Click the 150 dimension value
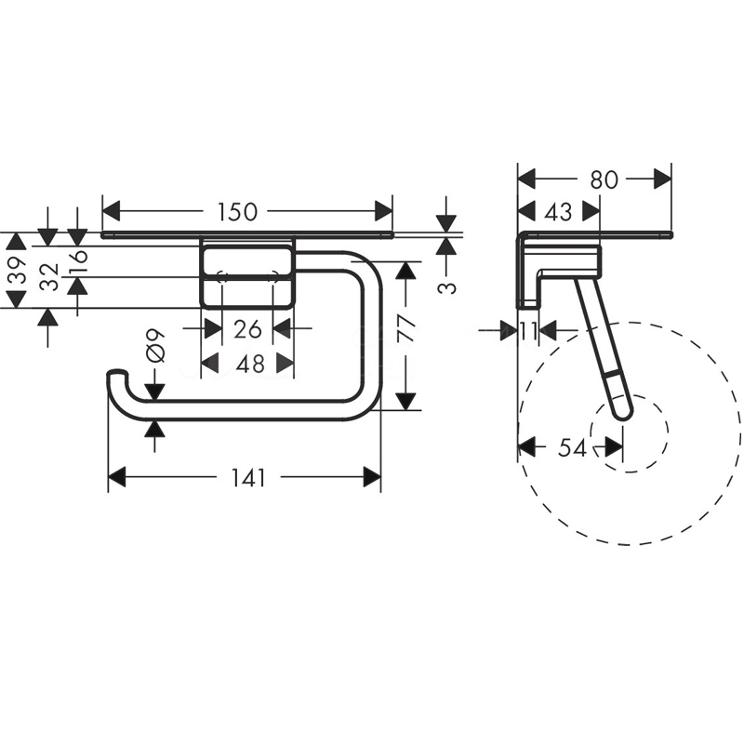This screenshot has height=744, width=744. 237,212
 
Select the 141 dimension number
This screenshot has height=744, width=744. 248,477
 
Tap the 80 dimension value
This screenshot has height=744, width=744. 604,179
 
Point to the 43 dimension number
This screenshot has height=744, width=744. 559,212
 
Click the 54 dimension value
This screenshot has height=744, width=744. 572,447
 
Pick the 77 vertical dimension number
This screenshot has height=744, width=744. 406,328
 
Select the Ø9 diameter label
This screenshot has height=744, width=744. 156,346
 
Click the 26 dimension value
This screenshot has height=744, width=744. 247,329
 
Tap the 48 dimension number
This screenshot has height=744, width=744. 250,365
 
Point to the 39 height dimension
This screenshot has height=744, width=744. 18,270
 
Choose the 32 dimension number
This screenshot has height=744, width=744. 49,277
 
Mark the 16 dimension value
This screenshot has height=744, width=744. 79,256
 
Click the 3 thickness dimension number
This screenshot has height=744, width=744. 446,287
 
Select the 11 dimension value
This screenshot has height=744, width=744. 527,331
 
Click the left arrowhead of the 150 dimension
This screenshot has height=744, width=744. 111,212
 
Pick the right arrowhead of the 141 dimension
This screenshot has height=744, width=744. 372,477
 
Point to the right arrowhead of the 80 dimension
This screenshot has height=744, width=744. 663,179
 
